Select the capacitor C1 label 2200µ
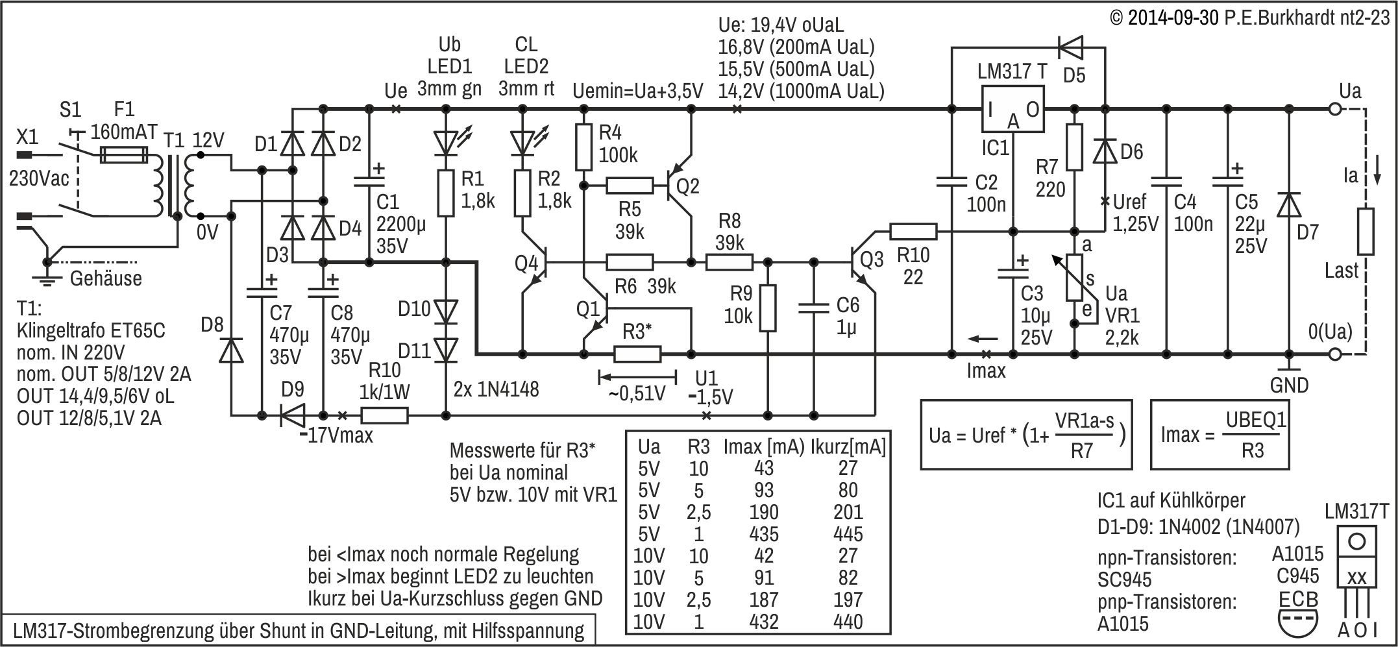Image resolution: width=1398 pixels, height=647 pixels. (400, 224)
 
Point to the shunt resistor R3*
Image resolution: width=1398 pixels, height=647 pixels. (637, 354)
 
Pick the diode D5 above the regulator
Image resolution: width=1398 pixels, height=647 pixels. (1072, 47)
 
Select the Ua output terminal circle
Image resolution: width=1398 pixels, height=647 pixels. (1335, 109)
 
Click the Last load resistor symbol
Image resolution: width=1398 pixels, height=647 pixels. (1366, 231)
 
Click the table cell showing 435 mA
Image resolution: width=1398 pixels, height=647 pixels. (763, 534)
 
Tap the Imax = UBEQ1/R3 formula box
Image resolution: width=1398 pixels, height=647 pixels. (1220, 434)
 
